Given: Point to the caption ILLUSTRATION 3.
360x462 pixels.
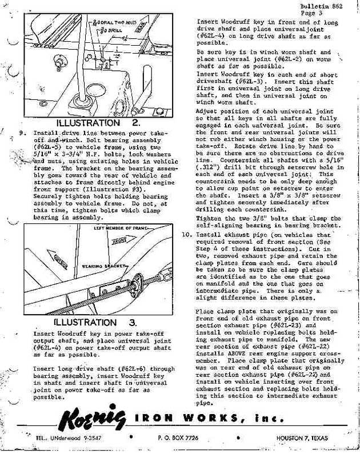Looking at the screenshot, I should [x=101, y=323].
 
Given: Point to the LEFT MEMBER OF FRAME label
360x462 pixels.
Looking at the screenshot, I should [x=117, y=229].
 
